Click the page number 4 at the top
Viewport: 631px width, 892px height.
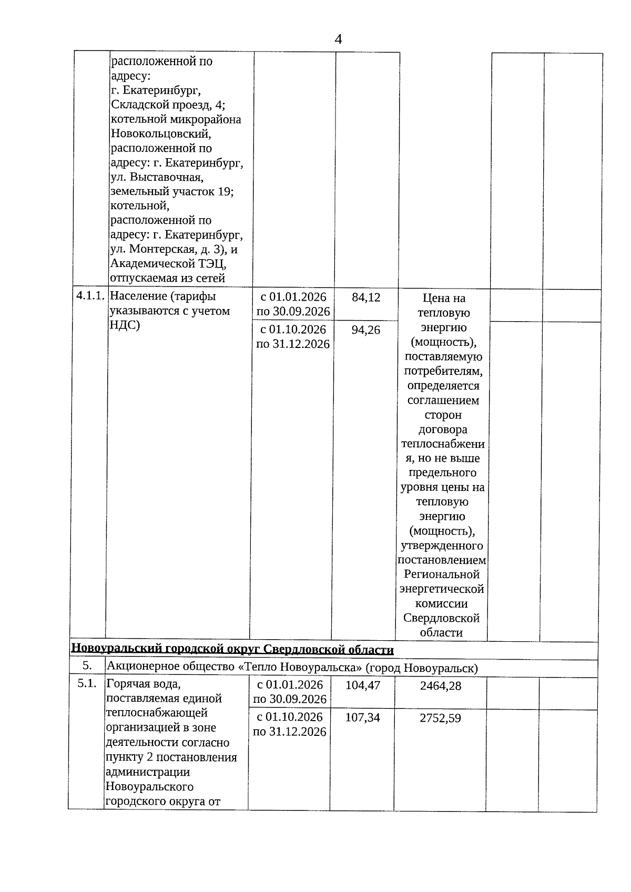click(x=338, y=39)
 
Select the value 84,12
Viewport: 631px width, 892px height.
click(x=366, y=298)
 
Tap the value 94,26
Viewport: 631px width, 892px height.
click(x=366, y=330)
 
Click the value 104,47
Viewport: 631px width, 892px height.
click(x=363, y=685)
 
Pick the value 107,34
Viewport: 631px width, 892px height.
click(x=363, y=718)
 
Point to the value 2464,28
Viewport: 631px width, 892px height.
click(x=441, y=686)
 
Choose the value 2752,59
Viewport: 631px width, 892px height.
click(x=441, y=719)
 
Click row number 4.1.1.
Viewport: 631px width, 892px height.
click(x=90, y=296)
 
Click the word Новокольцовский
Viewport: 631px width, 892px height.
click(x=161, y=134)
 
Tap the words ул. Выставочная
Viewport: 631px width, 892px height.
click(x=157, y=177)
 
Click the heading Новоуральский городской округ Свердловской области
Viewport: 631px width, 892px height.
click(x=232, y=650)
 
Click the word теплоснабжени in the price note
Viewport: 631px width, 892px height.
click(x=443, y=444)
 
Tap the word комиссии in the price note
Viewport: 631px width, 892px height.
click(x=441, y=604)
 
